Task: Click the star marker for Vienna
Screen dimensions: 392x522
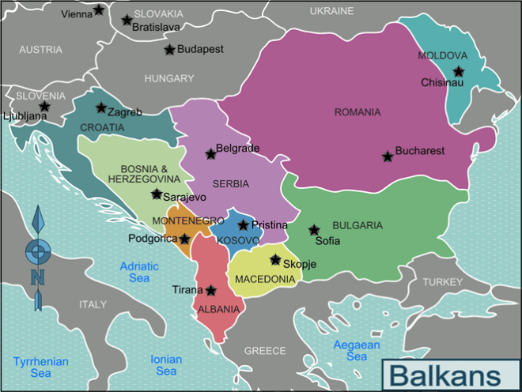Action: pos(99,10)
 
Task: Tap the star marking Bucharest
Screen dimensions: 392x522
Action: pos(388,156)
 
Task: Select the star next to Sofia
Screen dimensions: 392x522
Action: pos(314,230)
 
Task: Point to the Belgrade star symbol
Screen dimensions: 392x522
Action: pos(210,154)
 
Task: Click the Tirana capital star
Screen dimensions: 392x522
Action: pos(211,290)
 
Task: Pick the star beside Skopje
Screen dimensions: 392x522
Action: pos(275,259)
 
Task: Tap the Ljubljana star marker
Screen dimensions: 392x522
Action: pos(44,106)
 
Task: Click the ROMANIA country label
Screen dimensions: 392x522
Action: pos(357,112)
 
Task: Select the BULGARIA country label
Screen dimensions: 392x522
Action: pos(357,225)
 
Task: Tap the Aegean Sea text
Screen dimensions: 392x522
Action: pos(357,351)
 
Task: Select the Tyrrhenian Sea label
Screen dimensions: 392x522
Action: pos(40,367)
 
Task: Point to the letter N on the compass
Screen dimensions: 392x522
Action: pos(37,277)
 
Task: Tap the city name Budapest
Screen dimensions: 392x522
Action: pos(200,49)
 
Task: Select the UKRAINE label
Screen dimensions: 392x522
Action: pos(331,11)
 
